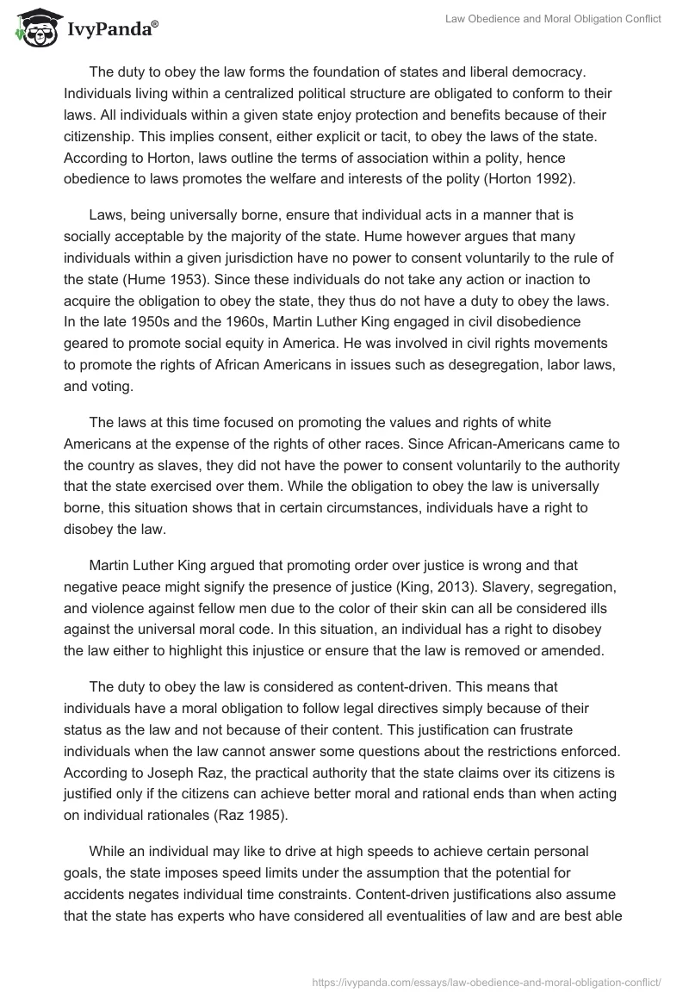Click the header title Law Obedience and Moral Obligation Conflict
553,19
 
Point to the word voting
112,387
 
